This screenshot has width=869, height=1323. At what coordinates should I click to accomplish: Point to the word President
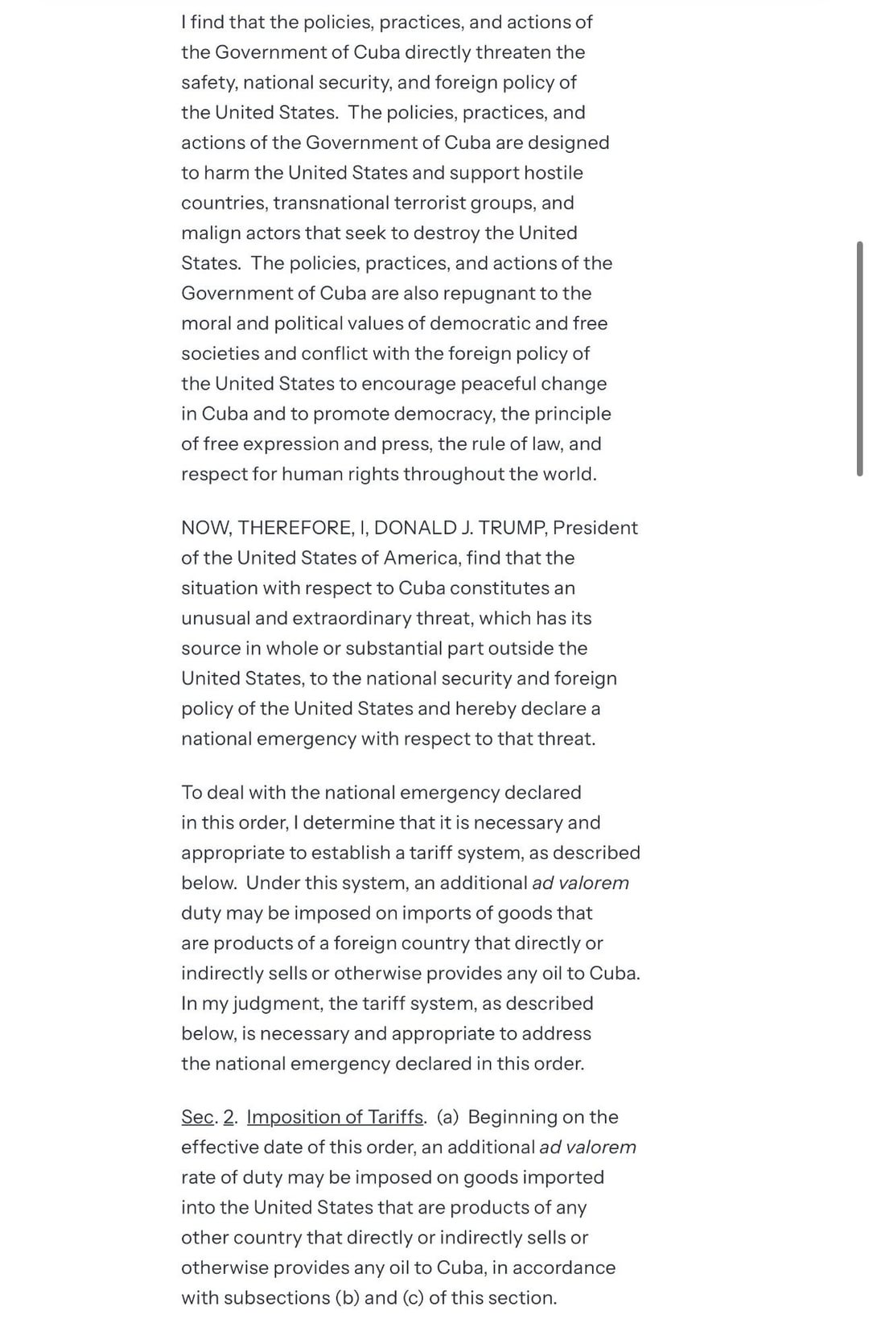[595, 528]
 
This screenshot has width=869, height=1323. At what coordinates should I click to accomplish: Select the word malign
[208, 233]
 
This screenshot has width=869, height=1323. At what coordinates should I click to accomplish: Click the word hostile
[554, 173]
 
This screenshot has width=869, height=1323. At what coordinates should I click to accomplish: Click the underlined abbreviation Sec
[198, 1117]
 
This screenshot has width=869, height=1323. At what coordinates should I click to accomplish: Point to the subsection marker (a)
[447, 1117]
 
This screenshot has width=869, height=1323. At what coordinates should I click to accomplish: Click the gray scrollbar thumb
[860, 358]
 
